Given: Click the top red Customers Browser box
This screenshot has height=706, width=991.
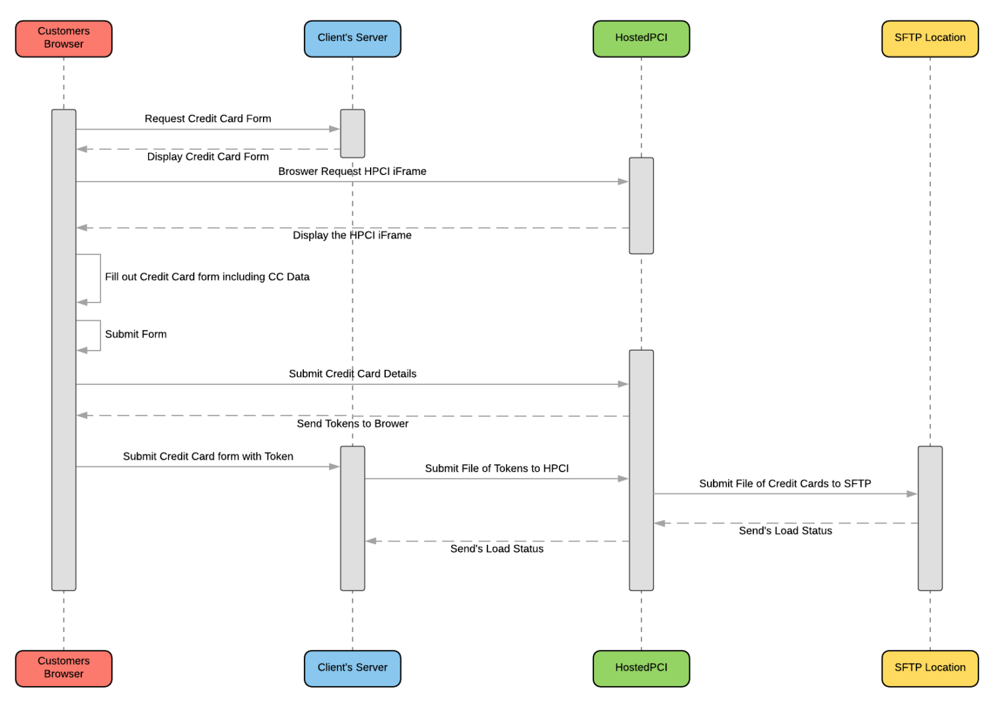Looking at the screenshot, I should coord(63,38).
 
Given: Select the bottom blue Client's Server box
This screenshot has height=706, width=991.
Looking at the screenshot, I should coord(352,668).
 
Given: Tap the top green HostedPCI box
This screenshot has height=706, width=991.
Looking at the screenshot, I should coord(641,38).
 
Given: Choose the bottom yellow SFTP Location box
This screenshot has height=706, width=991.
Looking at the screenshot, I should coord(930,668).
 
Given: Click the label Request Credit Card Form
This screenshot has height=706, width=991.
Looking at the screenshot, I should coord(207,119).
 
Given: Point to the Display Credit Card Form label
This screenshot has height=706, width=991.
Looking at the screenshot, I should coord(207,157).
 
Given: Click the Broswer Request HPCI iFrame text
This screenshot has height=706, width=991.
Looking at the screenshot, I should coord(352,172).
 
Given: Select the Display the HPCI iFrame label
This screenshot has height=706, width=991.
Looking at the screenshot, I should coord(352,235).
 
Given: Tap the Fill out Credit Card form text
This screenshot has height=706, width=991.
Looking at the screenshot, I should coord(207,277).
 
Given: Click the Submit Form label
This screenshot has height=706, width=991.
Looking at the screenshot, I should coord(135,334).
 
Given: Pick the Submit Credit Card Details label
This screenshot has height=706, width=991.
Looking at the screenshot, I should coord(352,374).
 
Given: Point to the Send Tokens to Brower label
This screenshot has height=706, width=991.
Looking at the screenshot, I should coord(352,424).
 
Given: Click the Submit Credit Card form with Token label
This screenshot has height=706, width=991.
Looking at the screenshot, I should coord(207,456).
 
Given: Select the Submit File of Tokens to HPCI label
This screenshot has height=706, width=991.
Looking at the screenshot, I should coord(496,468).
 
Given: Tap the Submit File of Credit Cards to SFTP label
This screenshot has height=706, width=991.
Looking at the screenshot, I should coord(785,483).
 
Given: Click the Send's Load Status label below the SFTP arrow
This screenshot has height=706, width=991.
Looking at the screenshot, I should coord(785,531).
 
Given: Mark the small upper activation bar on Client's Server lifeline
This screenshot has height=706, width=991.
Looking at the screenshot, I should coord(352,133).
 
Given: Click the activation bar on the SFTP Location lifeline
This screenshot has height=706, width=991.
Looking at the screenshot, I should coord(930,518).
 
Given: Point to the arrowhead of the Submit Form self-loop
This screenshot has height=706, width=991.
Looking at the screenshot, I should coord(82,350).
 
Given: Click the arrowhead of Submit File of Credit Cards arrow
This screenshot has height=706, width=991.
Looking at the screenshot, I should coord(912,493).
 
